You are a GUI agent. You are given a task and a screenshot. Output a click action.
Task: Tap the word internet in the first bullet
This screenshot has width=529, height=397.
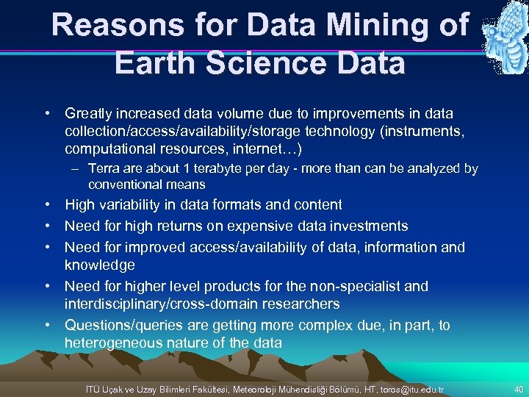(x=264, y=149)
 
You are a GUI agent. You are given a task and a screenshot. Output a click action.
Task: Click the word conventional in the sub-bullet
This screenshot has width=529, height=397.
(x=123, y=185)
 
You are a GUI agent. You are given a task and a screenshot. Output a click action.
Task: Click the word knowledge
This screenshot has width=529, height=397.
(x=100, y=265)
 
